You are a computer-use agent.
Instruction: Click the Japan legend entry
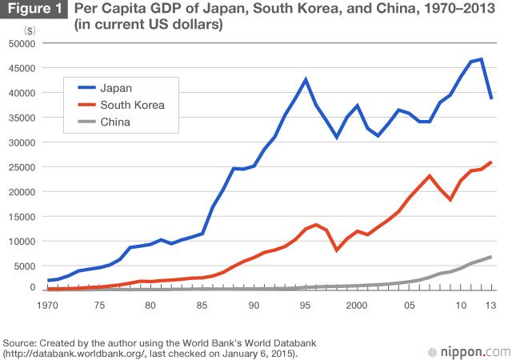(x=116, y=88)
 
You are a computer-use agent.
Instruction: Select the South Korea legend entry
(x=132, y=105)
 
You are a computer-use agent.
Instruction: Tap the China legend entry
(x=116, y=122)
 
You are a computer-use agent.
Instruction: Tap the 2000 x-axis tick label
(x=357, y=305)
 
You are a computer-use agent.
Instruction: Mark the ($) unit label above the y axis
(x=30, y=29)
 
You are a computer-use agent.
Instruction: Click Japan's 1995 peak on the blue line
(x=306, y=79)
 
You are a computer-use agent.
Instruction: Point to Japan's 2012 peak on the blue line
(x=481, y=58)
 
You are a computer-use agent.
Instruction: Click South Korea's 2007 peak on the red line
(x=430, y=176)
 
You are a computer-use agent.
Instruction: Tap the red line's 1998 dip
(x=337, y=250)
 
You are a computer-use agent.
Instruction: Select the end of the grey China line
(x=490, y=257)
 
